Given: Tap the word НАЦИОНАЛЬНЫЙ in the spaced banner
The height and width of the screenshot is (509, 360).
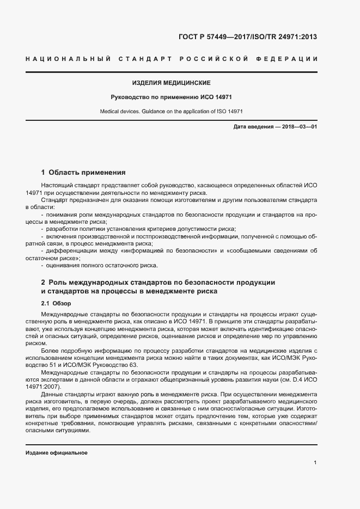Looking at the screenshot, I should pyautogui.click(x=68, y=59).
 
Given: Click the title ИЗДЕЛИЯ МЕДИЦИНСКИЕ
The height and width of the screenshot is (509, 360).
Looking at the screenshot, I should pyautogui.click(x=171, y=83).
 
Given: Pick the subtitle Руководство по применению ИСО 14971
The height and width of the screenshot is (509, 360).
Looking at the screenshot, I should pyautogui.click(x=171, y=98).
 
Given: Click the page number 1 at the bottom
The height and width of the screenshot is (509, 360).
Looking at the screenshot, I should pyautogui.click(x=315, y=463).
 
